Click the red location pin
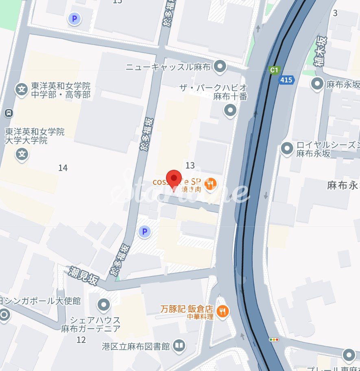(175, 179)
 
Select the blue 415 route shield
(286, 80)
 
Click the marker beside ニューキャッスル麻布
(220, 66)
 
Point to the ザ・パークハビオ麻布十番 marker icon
(231, 110)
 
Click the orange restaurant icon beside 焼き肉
(210, 184)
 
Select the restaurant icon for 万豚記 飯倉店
(223, 312)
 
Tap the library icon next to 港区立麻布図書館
(179, 346)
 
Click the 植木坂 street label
(322, 51)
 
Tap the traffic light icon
(274, 339)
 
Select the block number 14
(63, 167)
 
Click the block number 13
(190, 165)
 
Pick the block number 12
(81, 340)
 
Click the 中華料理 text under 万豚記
(200, 316)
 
